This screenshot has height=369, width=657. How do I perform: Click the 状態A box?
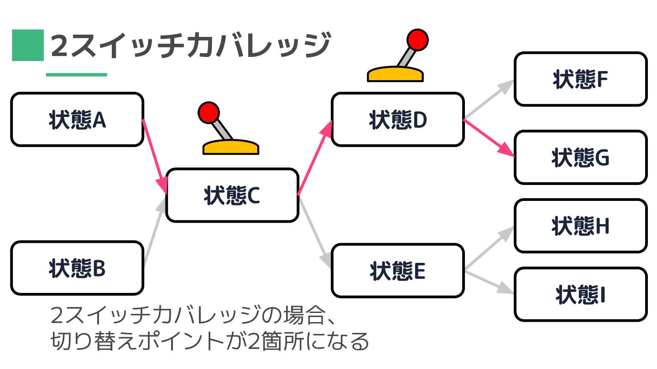point(77,119)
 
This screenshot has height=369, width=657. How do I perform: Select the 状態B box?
point(77,268)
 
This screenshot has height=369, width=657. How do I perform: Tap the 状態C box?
point(232,195)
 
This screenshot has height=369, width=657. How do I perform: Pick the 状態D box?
point(397,119)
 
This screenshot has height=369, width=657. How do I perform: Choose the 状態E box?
point(397,271)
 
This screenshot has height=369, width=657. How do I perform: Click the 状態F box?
point(580,79)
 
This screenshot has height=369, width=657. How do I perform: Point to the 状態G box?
point(580,158)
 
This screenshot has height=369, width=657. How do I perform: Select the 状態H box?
point(580,226)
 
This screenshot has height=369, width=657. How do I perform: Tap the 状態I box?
point(580,294)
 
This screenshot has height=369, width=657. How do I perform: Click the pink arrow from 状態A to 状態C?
point(154,155)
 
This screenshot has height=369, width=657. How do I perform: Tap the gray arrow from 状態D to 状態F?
point(488,100)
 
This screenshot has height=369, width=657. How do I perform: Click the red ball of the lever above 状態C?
point(209,113)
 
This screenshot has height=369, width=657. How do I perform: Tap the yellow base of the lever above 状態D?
point(395,74)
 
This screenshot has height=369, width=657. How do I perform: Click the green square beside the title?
point(27,45)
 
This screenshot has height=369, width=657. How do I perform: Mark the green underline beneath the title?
point(76,75)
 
